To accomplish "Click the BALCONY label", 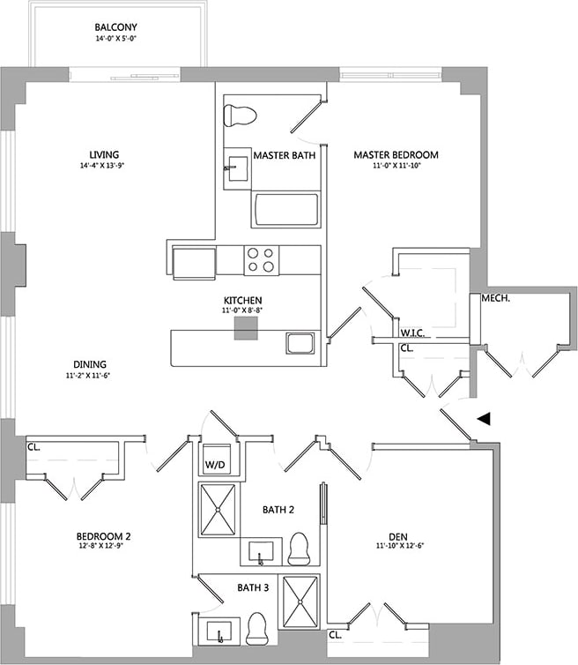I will point(120,27).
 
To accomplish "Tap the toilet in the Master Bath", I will point(240,115).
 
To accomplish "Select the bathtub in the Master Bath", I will point(285,210).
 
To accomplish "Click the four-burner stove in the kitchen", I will point(261,260).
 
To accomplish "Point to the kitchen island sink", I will point(300,343).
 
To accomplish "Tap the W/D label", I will point(216,464).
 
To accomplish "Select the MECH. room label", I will point(496,300).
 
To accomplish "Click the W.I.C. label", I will point(413,333).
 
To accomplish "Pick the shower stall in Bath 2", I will point(217,509).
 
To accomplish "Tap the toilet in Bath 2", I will point(299,549).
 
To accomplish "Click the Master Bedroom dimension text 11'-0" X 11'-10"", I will point(396,167).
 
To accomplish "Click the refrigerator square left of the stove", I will point(195,262).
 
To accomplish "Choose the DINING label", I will point(91,364).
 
